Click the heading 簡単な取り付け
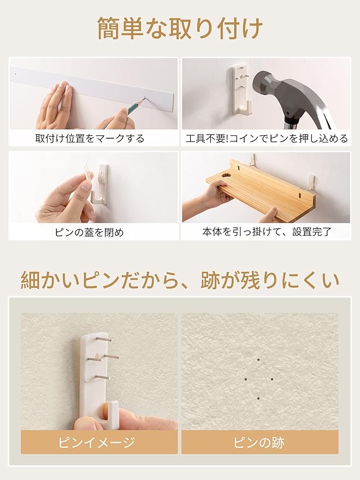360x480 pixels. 180,28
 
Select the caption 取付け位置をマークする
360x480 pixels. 93,138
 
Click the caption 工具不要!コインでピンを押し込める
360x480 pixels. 267,138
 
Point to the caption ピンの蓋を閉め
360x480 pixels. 93,232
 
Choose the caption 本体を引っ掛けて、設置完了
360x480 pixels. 267,232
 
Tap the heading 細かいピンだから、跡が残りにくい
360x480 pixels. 180,280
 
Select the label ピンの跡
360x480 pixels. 259,442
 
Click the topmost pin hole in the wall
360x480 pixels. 258,360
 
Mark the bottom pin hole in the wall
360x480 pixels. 258,398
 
